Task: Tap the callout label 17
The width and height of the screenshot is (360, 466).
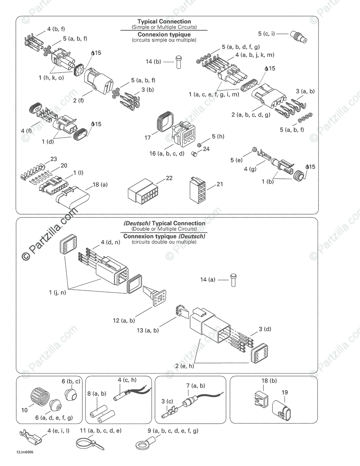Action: tap(148, 138)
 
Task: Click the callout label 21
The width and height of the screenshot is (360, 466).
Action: tap(220, 184)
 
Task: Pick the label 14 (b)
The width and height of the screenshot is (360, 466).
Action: tap(153, 62)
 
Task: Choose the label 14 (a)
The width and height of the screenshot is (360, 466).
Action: tap(208, 280)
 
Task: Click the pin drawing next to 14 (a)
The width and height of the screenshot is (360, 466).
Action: tap(233, 280)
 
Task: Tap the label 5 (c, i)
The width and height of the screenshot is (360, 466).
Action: tap(266, 33)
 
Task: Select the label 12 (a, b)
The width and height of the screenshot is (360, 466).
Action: tap(124, 321)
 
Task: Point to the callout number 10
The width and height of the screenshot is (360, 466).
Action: tap(25, 410)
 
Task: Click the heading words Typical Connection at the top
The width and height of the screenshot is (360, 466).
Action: tap(164, 21)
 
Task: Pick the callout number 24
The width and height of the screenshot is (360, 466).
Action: tap(206, 148)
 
